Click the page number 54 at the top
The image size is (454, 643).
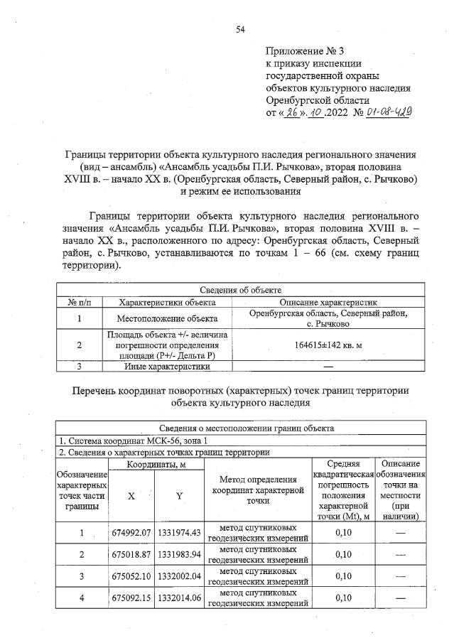pyautogui.click(x=240, y=29)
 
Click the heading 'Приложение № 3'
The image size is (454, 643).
pyautogui.click(x=303, y=52)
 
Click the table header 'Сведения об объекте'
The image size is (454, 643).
pyautogui.click(x=241, y=290)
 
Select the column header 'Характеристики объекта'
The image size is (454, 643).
pyautogui.click(x=167, y=301)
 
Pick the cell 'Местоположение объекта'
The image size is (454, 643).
pyautogui.click(x=167, y=318)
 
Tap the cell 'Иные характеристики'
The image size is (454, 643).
pyautogui.click(x=167, y=367)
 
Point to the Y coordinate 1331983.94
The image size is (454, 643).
pyautogui.click(x=178, y=554)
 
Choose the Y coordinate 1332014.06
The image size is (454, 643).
pyautogui.click(x=178, y=598)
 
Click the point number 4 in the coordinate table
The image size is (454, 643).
pyautogui.click(x=82, y=598)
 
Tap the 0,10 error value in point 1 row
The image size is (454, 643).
pyautogui.click(x=344, y=532)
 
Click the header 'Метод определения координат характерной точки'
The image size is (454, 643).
pyautogui.click(x=257, y=490)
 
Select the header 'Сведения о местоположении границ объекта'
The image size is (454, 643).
pyautogui.click(x=241, y=428)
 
